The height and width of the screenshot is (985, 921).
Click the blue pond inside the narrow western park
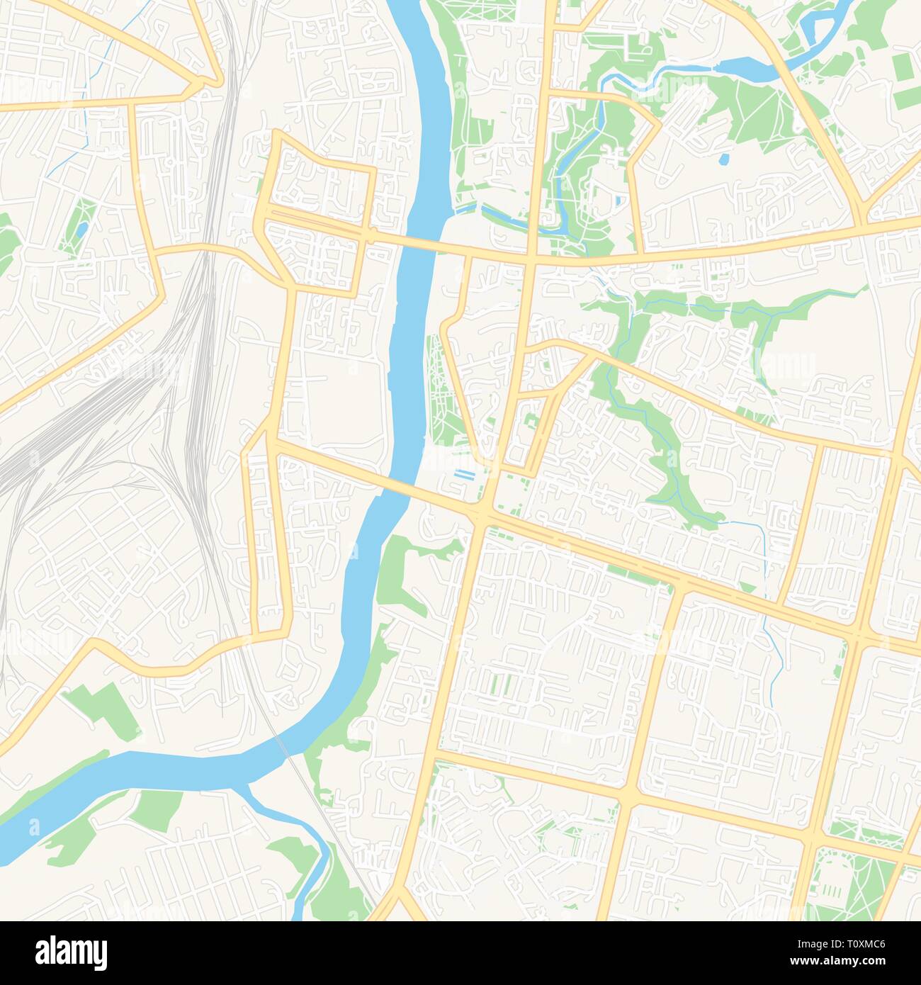(82, 229)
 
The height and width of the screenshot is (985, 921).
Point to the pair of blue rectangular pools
(465, 474)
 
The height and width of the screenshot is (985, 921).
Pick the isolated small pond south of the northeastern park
(725, 158)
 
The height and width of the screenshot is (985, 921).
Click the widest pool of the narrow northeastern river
(751, 68)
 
